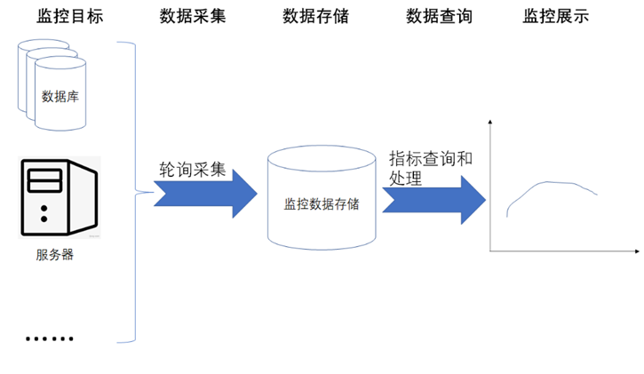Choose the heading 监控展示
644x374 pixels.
coord(556,17)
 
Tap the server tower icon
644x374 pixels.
coord(59,197)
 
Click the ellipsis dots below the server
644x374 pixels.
coord(50,338)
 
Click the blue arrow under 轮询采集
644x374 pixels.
coord(205,193)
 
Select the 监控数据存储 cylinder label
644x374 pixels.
coord(322,203)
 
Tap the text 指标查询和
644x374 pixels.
coord(431,159)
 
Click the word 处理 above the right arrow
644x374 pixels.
coord(405,178)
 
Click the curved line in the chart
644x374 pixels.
coord(551,187)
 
